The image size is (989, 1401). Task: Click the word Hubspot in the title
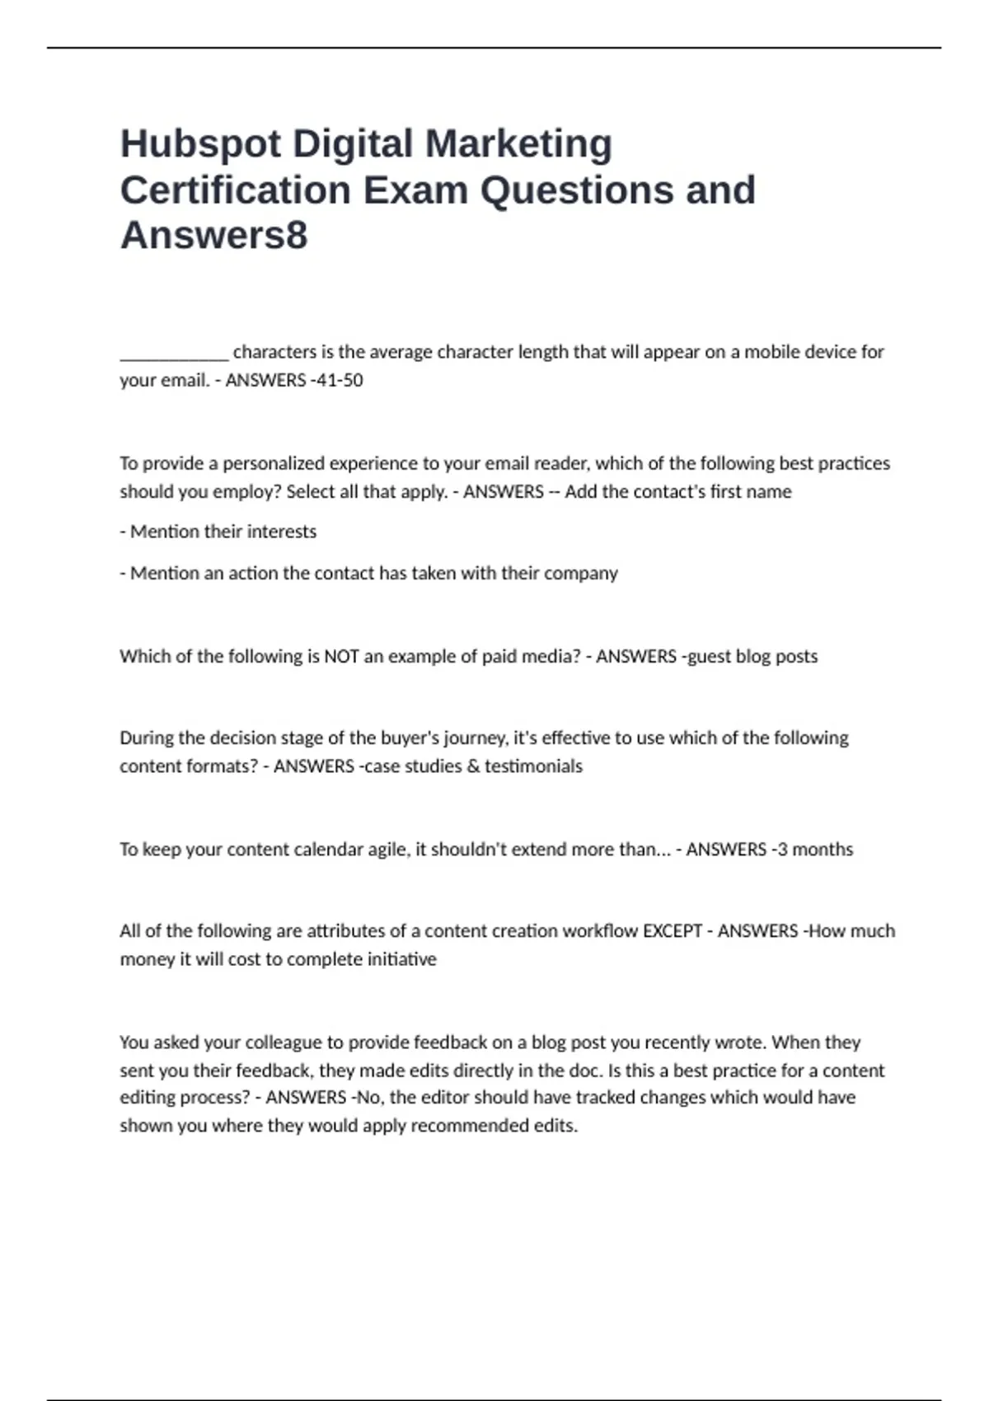(200, 144)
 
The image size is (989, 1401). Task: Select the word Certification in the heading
(236, 190)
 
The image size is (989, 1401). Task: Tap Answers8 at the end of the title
(213, 235)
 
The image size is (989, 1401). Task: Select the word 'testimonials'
(533, 766)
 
